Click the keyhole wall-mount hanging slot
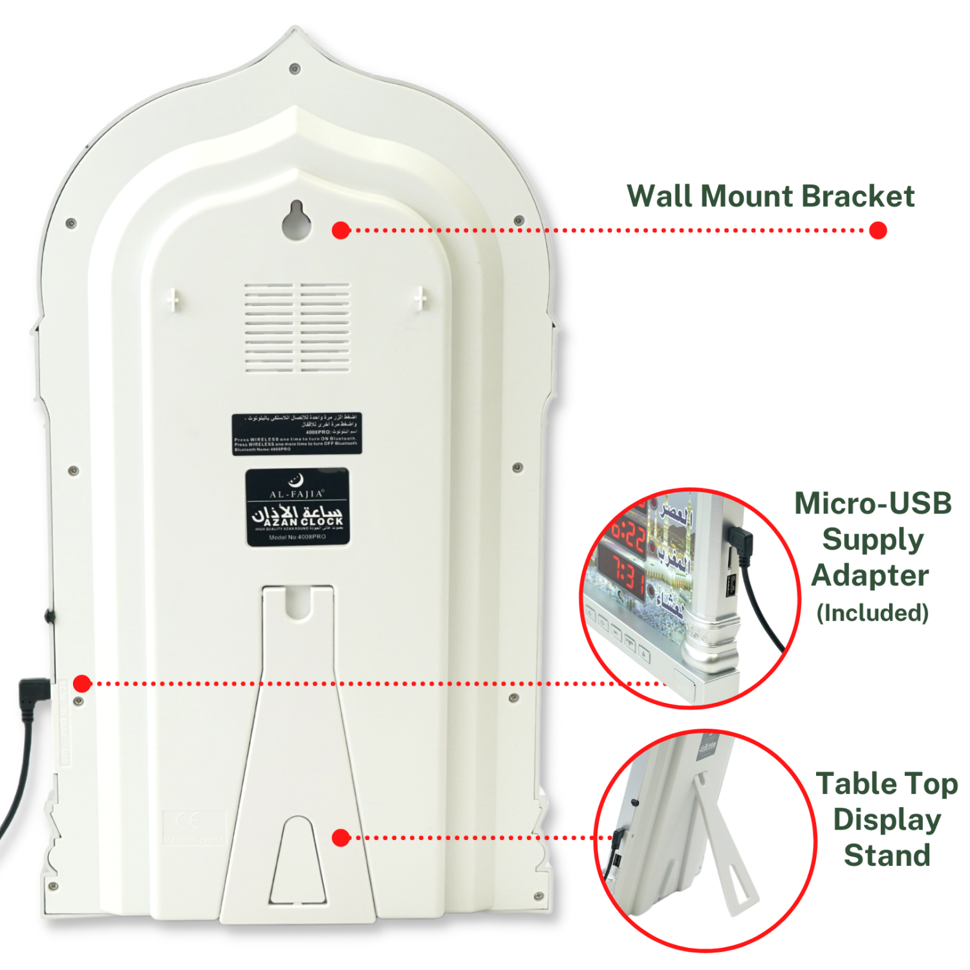click(x=296, y=222)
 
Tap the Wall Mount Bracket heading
click(x=770, y=196)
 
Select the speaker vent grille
click(x=297, y=328)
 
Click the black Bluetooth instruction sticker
click(x=296, y=434)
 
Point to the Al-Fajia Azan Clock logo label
click(x=297, y=508)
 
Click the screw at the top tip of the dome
click(x=295, y=68)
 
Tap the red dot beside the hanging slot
click(x=341, y=230)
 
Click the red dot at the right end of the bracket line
click(x=878, y=230)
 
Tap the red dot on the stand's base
click(x=341, y=837)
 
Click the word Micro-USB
click(x=872, y=503)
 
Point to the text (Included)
click(x=872, y=612)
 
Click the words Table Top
click(x=887, y=784)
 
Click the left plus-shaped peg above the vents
click(x=173, y=299)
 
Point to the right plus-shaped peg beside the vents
click(x=420, y=299)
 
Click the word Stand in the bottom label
click(x=887, y=855)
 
